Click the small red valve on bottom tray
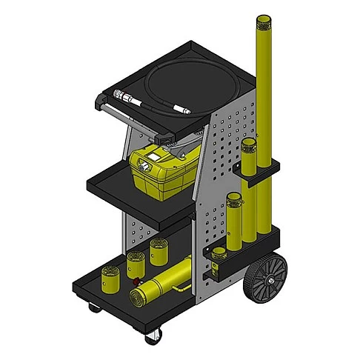(x=136, y=281)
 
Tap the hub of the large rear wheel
(x=267, y=279)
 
